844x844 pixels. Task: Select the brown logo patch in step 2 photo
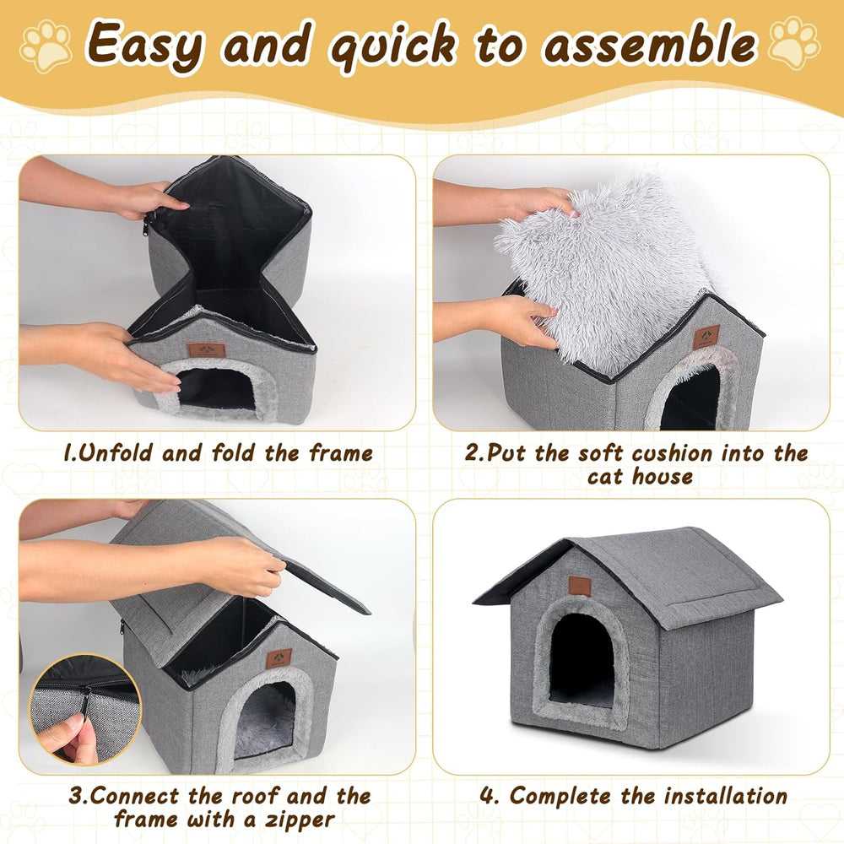coord(706,337)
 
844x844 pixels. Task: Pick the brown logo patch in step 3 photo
coord(279,657)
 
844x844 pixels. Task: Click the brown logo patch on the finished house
coord(579,586)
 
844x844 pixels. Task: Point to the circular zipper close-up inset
coord(85,710)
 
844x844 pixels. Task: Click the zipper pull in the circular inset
coord(85,697)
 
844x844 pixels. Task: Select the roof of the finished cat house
coord(667,574)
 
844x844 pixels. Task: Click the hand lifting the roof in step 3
coord(245,567)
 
